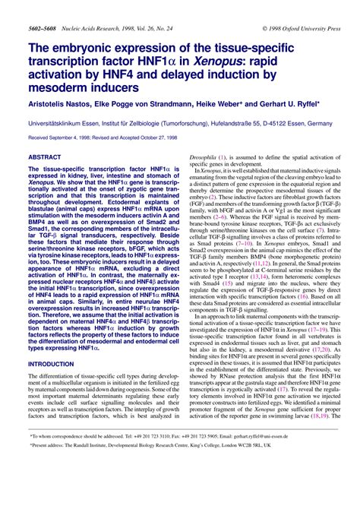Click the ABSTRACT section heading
[45, 156]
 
